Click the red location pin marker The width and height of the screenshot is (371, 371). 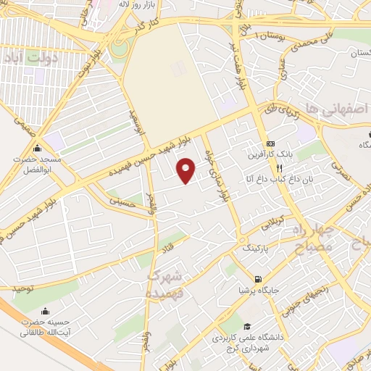click(x=187, y=170)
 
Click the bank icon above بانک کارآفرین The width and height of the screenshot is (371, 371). click(x=271, y=143)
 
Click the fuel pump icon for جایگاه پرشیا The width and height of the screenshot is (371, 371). click(x=257, y=279)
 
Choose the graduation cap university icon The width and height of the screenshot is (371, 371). click(x=247, y=327)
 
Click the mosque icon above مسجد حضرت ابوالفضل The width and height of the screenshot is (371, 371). click(x=36, y=147)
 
